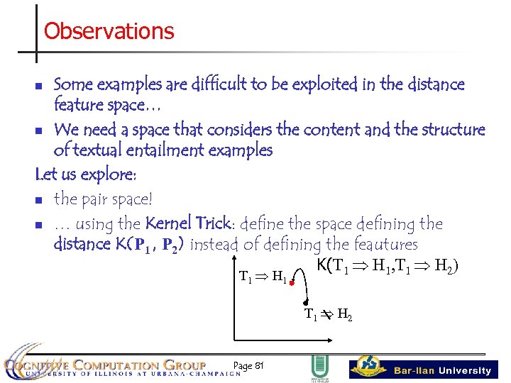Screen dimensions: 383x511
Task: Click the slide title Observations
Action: coord(109,31)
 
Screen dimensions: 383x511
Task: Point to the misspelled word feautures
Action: coord(384,245)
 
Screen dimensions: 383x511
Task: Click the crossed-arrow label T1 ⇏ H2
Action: coord(328,314)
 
